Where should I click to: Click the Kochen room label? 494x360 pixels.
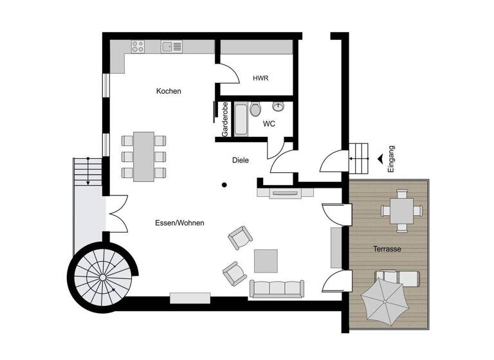coord(169,91)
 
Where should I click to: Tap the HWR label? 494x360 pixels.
coord(261,78)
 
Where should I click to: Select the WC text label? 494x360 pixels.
coord(269,123)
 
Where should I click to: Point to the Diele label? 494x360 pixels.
coord(241,160)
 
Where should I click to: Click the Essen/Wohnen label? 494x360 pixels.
coord(179,223)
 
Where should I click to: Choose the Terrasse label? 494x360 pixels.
coord(387,248)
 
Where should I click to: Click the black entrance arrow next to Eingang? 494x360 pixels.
coord(381,158)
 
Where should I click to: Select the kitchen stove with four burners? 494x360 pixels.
coord(138,46)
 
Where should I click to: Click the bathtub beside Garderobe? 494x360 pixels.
coord(241,120)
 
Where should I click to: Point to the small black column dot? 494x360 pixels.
coord(224,185)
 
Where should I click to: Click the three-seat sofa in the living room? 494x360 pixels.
coord(277,289)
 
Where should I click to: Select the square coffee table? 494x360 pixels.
coord(266,261)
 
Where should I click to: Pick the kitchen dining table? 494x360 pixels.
coord(143,157)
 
